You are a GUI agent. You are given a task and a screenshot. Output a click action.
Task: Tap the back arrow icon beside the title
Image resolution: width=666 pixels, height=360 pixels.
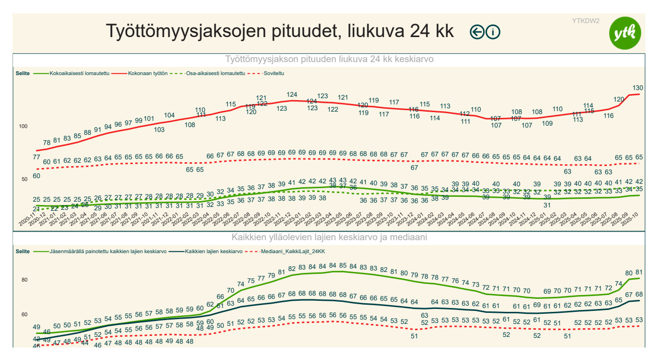click(x=477, y=32)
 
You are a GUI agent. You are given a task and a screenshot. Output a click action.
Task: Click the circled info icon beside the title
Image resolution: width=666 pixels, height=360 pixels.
click(x=493, y=32)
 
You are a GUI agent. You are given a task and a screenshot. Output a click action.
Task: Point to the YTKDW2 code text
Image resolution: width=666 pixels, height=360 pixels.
click(x=586, y=21)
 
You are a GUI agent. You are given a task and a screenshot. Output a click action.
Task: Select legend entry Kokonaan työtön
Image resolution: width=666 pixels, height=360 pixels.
click(x=148, y=74)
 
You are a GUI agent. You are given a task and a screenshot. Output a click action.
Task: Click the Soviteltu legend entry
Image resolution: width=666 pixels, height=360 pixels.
click(x=274, y=74)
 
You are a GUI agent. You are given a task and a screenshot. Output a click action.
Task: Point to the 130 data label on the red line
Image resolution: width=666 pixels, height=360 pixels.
click(x=638, y=88)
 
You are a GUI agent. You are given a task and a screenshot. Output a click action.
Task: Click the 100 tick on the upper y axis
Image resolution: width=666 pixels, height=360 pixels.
click(x=24, y=126)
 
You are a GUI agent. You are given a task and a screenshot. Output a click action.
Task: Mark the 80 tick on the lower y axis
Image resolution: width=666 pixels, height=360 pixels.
click(x=25, y=280)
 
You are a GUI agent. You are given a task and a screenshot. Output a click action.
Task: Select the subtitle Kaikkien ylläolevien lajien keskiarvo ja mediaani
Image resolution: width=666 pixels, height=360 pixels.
click(x=329, y=237)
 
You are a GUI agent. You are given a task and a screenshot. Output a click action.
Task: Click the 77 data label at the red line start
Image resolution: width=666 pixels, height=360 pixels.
click(x=37, y=157)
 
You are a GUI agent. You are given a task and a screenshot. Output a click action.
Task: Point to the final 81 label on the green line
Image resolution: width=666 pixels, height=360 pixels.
click(x=639, y=272)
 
